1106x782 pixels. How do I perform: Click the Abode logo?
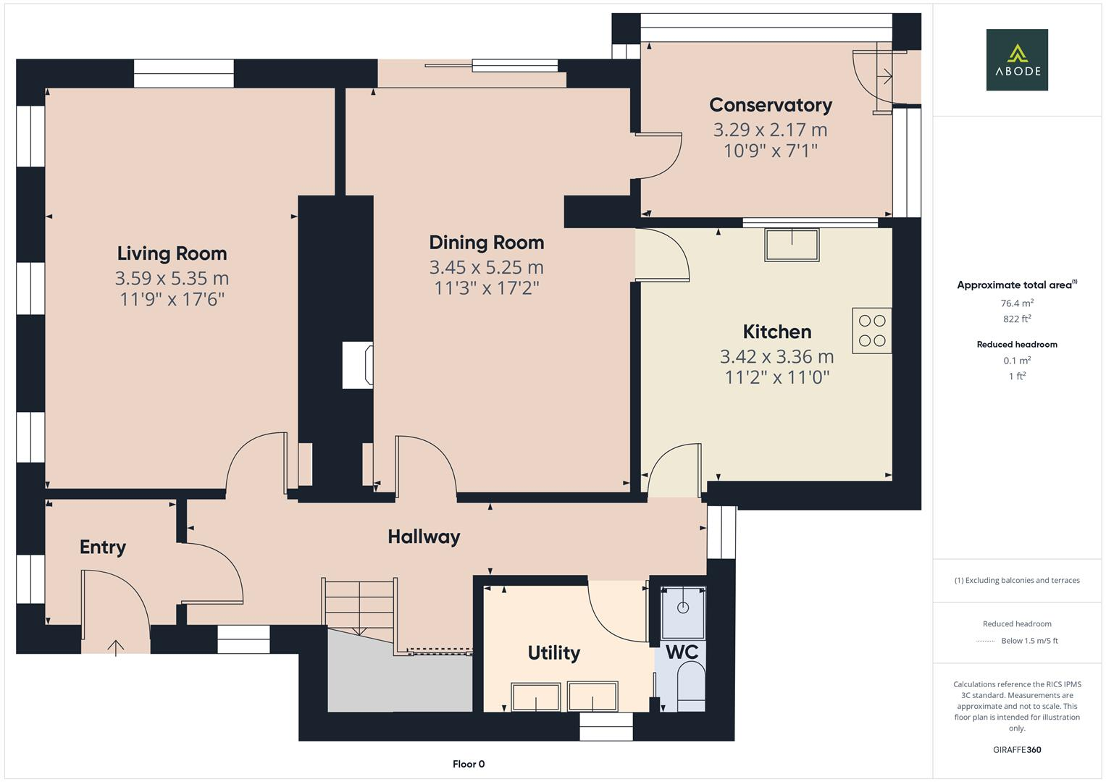point(1016,59)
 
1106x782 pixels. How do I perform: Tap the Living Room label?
point(172,253)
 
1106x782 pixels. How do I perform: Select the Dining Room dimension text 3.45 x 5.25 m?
point(486,267)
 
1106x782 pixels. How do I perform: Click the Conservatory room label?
point(770,105)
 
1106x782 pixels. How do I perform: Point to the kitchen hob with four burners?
point(871,331)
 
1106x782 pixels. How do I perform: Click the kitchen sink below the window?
point(792,245)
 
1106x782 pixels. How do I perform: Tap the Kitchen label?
point(776,332)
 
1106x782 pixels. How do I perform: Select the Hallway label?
point(424,537)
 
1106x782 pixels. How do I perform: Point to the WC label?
point(682,652)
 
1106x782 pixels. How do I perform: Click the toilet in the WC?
point(690,686)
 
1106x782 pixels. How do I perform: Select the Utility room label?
point(553,652)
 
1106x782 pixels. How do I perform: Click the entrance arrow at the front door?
point(116,646)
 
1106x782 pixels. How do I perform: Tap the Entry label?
point(103,547)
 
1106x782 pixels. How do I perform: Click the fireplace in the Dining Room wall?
point(358,365)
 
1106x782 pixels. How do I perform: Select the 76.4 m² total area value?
point(1016,303)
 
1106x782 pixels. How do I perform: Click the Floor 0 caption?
point(468,764)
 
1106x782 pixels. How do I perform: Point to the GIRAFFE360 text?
point(1016,749)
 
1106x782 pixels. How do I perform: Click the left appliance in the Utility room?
point(536,697)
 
